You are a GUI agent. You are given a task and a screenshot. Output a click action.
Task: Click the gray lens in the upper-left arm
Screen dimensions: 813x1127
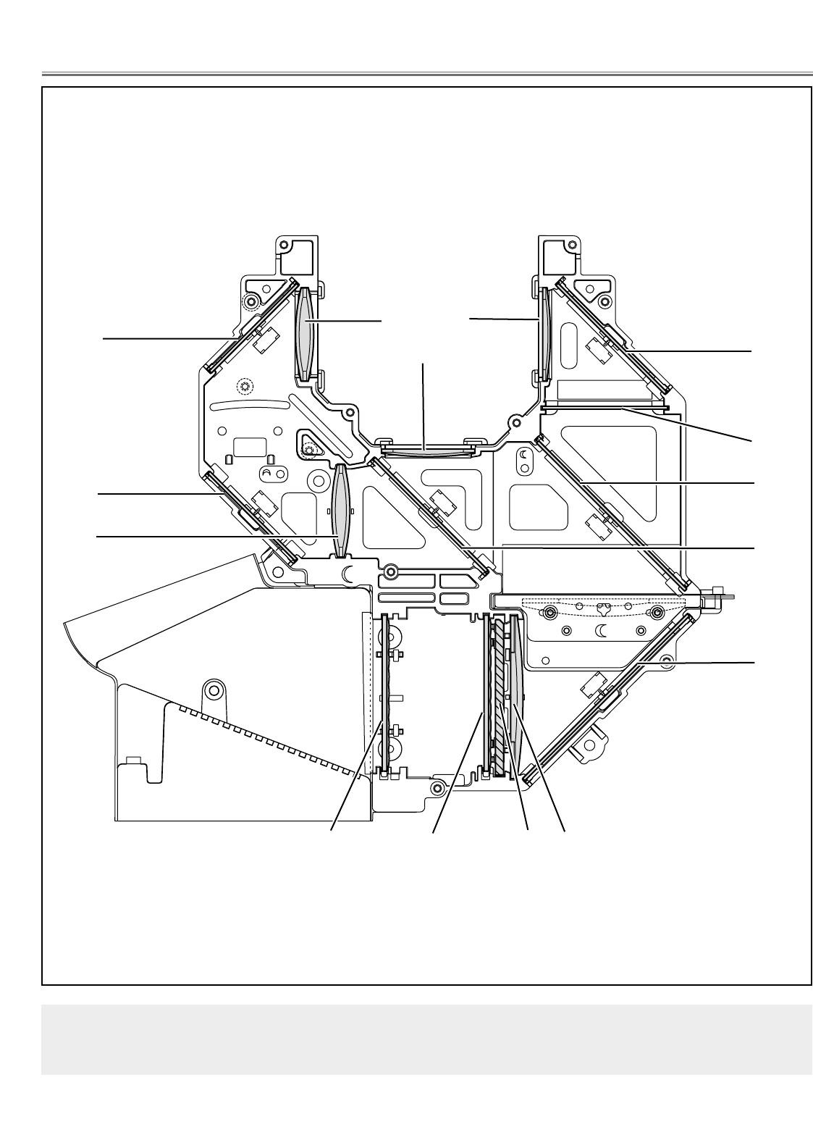[306, 332]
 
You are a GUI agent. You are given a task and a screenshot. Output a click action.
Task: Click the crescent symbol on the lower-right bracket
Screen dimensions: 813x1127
[602, 632]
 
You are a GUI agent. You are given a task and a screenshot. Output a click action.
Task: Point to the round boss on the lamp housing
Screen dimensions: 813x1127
[212, 688]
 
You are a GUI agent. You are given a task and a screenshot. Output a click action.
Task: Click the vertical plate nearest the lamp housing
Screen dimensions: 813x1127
[385, 695]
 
